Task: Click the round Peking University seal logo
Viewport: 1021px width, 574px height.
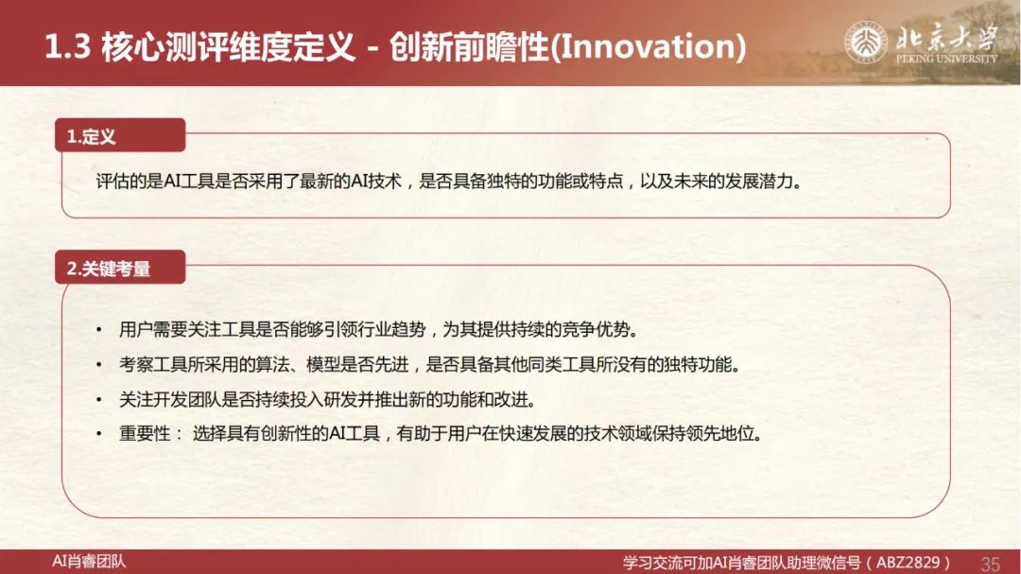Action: pos(865,43)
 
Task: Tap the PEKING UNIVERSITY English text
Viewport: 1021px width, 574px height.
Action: pos(946,59)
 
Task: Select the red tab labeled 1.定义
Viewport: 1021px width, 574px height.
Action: pos(120,135)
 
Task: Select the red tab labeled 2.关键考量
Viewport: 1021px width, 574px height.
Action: pos(120,268)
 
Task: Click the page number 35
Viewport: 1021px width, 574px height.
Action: pos(990,564)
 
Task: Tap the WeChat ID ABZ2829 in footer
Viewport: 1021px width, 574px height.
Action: pos(908,563)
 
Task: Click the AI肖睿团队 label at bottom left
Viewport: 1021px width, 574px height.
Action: pos(89,561)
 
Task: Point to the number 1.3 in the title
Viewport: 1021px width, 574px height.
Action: pos(67,47)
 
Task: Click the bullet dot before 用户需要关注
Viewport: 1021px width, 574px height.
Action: pos(99,330)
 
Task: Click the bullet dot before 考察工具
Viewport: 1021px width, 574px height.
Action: pos(99,365)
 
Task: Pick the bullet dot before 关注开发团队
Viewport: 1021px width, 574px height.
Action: pos(99,399)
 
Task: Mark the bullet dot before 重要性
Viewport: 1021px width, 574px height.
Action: pos(99,434)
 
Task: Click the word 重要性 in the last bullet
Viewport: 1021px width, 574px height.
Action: pos(145,433)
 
